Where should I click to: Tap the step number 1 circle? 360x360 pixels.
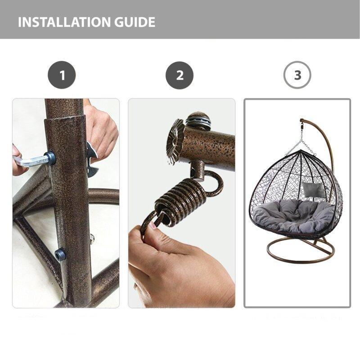tap(62, 75)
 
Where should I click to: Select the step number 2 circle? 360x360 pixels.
tap(180, 75)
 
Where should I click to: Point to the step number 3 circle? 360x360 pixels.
tap(297, 75)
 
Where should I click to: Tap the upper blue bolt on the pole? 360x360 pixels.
tap(51, 158)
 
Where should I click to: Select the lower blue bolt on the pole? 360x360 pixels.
tap(60, 254)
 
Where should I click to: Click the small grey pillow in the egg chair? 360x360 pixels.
tap(314, 189)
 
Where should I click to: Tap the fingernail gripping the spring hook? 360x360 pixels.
tap(153, 225)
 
